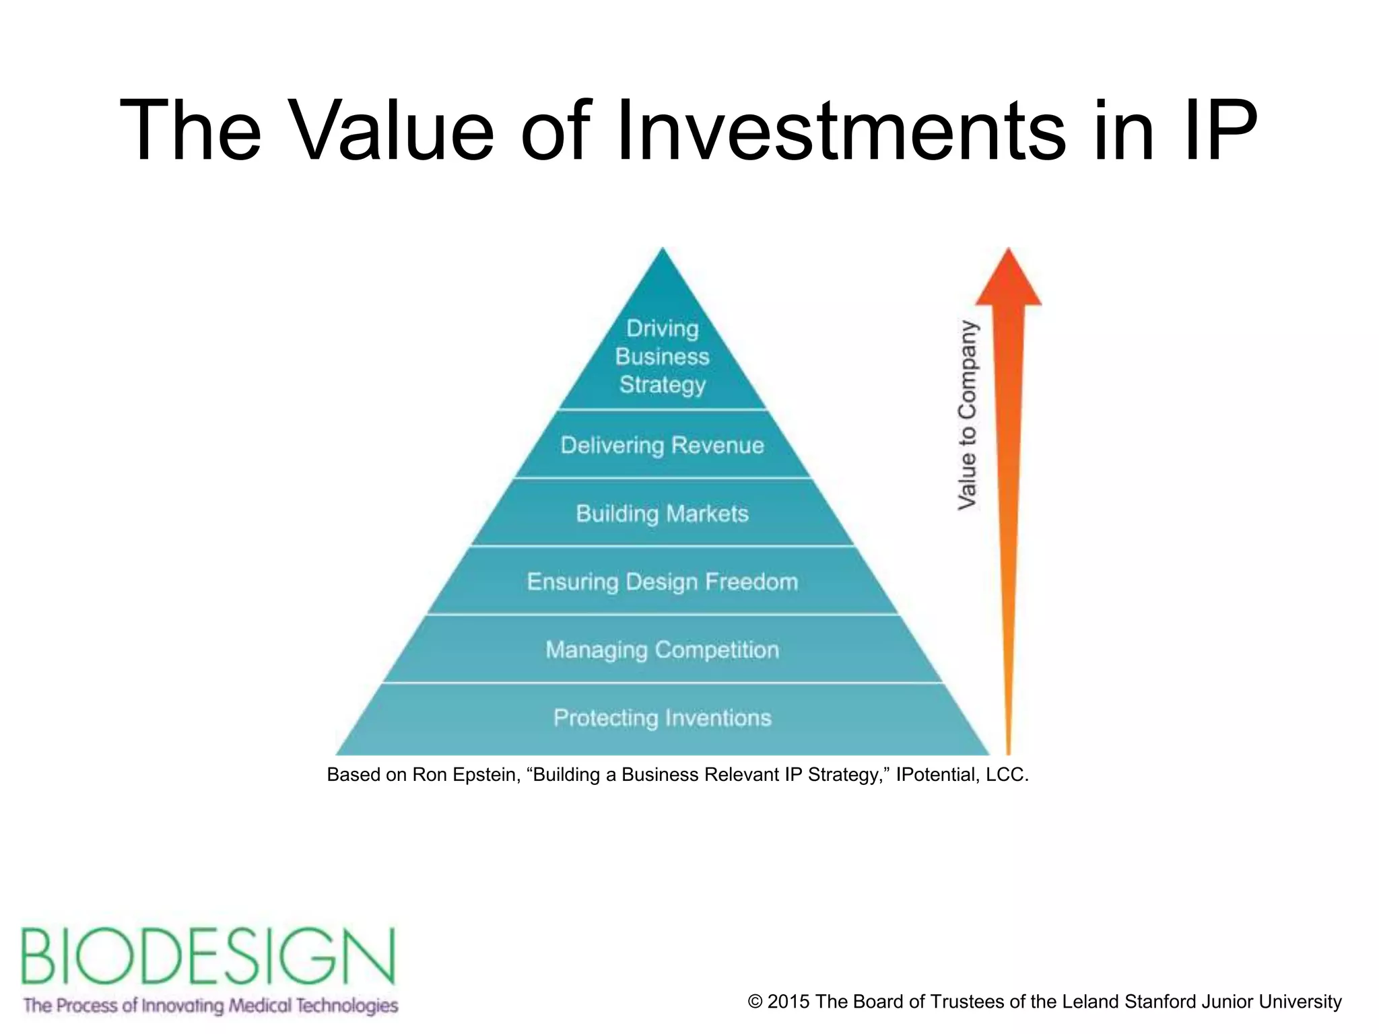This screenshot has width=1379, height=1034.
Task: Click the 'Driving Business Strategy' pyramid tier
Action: [663, 356]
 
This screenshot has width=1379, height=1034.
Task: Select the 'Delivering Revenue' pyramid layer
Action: [663, 445]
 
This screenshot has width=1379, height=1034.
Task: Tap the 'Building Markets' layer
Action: [663, 514]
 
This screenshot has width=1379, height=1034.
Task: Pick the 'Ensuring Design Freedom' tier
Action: [663, 582]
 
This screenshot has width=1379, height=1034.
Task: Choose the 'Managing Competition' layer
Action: [663, 650]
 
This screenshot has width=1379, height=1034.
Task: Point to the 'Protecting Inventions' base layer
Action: [663, 718]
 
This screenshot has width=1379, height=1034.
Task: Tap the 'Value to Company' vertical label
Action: [968, 415]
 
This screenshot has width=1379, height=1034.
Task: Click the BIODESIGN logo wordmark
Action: [208, 956]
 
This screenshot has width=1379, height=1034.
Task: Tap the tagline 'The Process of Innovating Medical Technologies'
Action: [211, 1006]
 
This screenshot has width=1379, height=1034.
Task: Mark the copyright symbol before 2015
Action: [755, 1002]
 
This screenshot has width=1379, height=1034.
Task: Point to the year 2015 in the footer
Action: [788, 1002]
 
